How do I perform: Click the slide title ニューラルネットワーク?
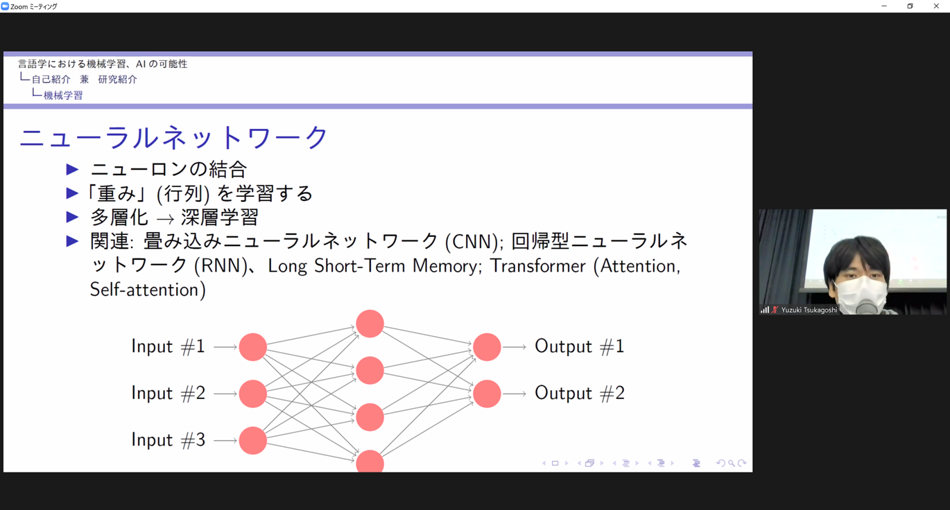[x=173, y=137]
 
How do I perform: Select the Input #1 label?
[x=168, y=346]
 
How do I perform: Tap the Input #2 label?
[x=168, y=393]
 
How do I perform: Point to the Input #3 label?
[x=168, y=439]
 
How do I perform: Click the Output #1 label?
[x=579, y=346]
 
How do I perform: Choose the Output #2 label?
[x=579, y=393]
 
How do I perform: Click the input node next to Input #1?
[x=253, y=347]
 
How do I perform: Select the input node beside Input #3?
[x=253, y=441]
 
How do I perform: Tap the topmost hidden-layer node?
[x=370, y=324]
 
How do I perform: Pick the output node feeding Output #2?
[x=487, y=394]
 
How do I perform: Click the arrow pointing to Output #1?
[x=514, y=347]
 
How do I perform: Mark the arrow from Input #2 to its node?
[x=225, y=394]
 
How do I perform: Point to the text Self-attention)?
[x=148, y=290]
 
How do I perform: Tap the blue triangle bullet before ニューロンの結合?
[x=73, y=170]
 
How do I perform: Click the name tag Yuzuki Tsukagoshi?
[x=809, y=310]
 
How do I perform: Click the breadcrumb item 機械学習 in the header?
[x=63, y=96]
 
